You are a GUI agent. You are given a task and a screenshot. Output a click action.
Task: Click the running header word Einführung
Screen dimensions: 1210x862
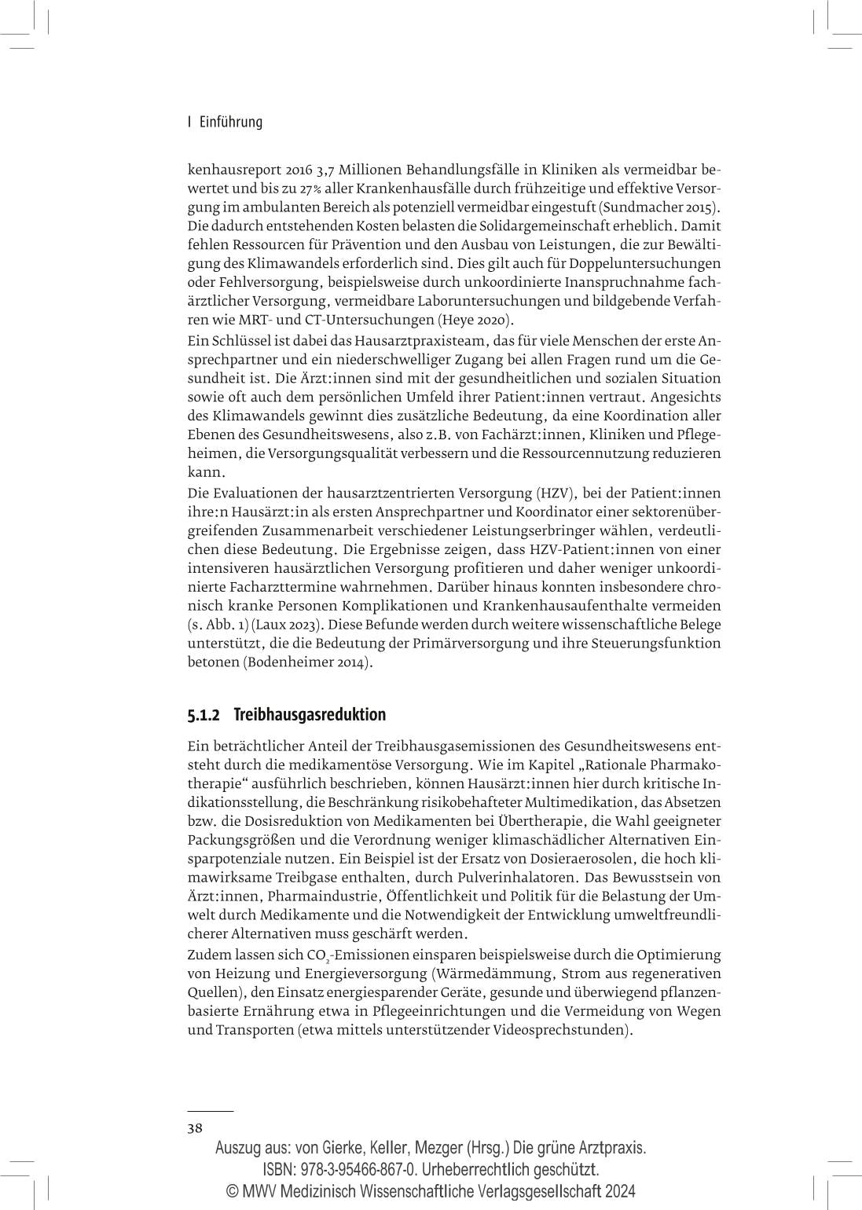230,122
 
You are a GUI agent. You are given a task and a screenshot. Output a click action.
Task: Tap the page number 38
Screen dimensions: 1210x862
195,1128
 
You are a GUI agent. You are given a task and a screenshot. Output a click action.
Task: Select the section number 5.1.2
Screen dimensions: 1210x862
204,715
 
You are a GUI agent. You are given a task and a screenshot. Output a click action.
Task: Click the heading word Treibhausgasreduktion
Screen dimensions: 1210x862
310,715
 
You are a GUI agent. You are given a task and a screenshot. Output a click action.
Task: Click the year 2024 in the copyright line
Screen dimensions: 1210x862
617,1190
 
